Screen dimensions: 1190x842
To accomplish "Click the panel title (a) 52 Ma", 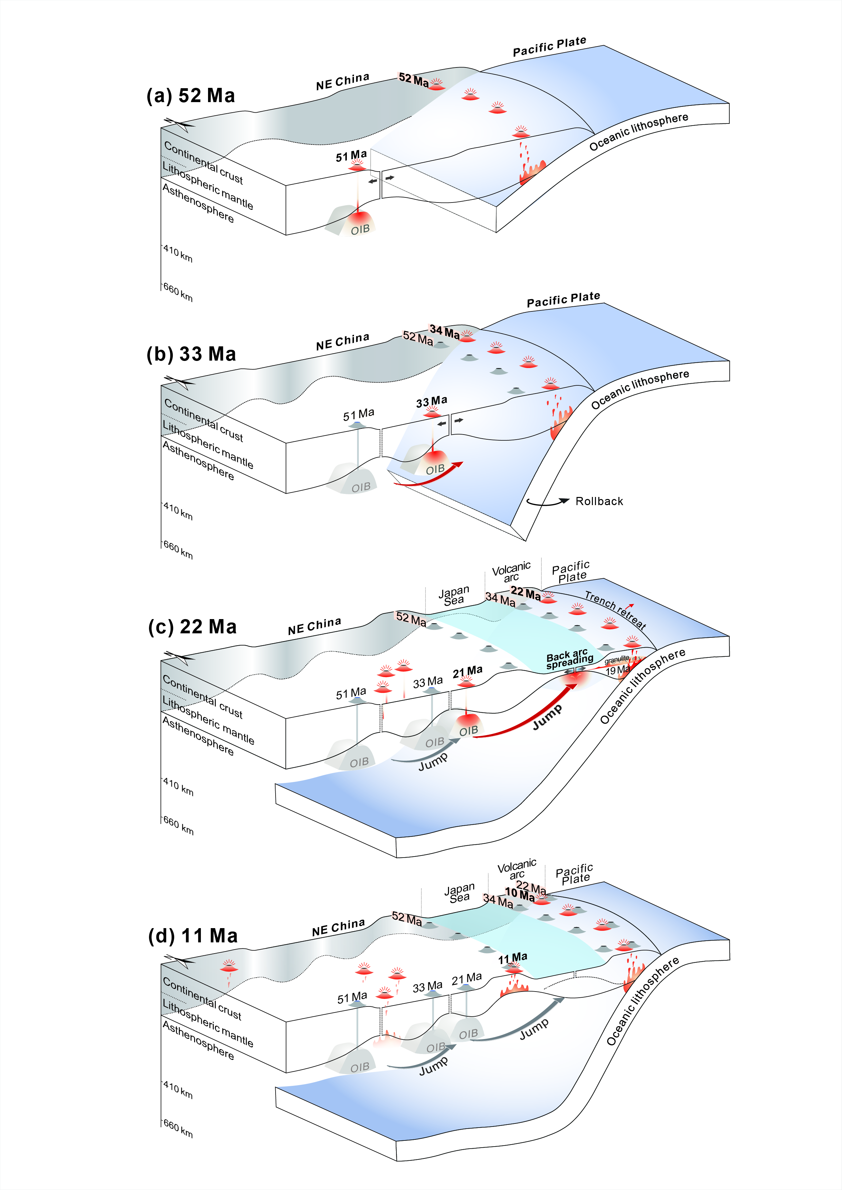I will coord(190,96).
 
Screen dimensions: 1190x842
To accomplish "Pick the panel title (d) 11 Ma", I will coord(192,936).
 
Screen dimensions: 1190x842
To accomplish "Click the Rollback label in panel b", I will coord(599,501).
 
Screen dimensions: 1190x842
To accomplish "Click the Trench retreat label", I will coord(615,610).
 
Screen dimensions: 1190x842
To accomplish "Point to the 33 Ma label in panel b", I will coord(431,401).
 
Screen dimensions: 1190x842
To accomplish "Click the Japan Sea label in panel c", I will coord(454,596).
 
